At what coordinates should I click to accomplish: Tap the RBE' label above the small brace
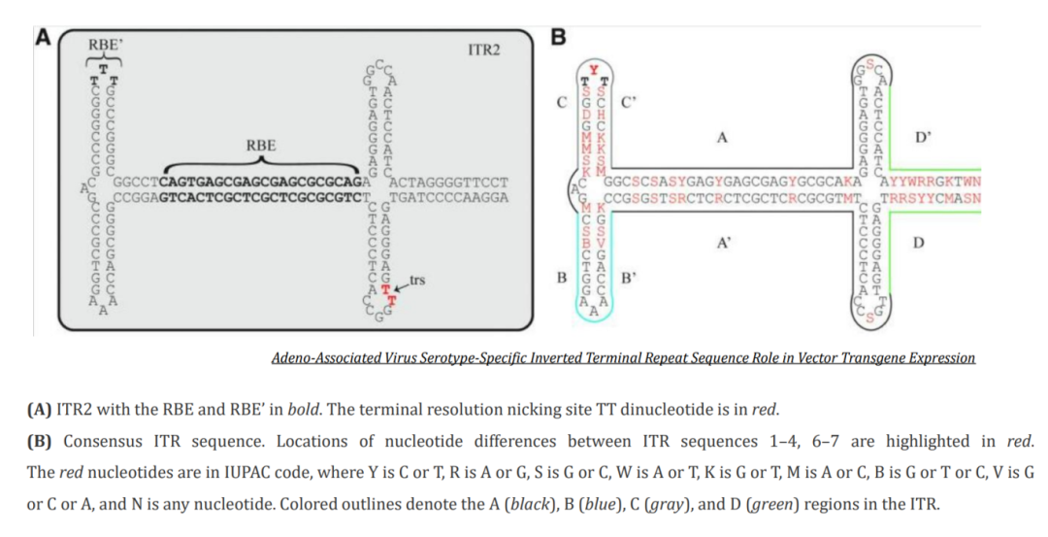click(x=105, y=45)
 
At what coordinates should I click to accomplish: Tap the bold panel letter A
click(x=42, y=38)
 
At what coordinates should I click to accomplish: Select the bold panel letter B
click(x=558, y=38)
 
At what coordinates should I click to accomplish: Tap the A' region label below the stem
click(x=723, y=244)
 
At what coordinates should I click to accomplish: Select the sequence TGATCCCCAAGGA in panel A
click(x=453, y=196)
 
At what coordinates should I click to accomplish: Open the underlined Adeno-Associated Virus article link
click(x=623, y=358)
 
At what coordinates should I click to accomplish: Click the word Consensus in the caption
click(x=103, y=441)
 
